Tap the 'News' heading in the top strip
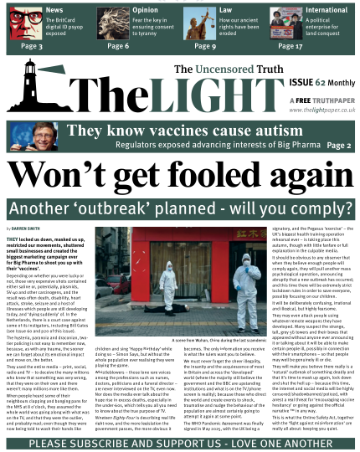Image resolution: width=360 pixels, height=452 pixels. click(x=54, y=10)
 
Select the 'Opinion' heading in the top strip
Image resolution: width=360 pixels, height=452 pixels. click(x=146, y=10)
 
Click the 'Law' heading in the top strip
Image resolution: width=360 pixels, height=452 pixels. click(x=225, y=10)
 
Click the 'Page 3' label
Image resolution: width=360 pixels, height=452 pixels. click(x=32, y=47)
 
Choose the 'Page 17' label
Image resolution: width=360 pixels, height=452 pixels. click(x=289, y=47)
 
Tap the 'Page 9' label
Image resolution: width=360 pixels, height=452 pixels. click(x=204, y=47)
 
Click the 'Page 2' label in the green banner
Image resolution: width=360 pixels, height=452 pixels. click(x=339, y=145)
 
